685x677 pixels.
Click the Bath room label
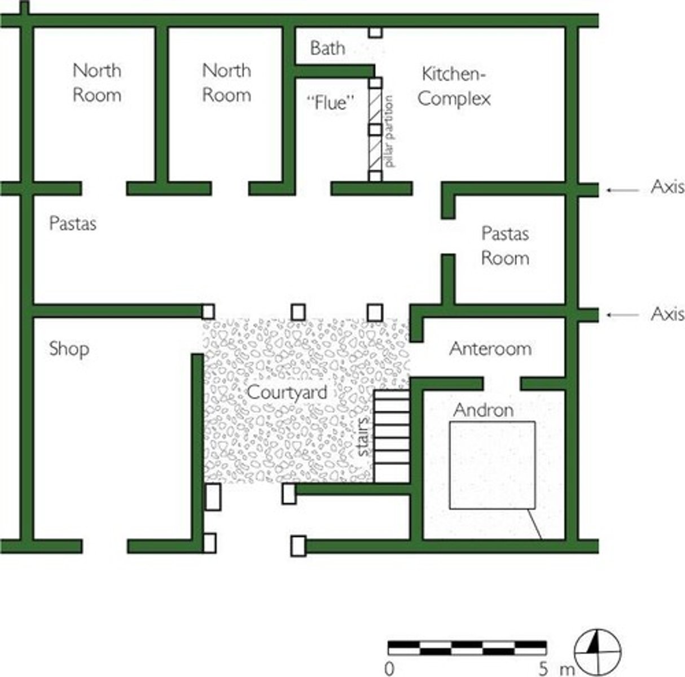327,48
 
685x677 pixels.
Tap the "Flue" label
332,104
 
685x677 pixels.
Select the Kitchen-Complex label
454,86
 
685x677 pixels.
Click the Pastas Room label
505,246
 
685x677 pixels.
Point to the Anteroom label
490,349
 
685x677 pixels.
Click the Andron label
484,410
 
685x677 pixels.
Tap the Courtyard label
287,392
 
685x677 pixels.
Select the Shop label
69,349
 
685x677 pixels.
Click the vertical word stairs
364,436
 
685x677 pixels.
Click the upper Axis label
667,188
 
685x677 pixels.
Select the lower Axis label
667,314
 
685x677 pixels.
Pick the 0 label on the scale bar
389,670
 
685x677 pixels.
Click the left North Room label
97,82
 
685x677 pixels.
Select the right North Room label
226,82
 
